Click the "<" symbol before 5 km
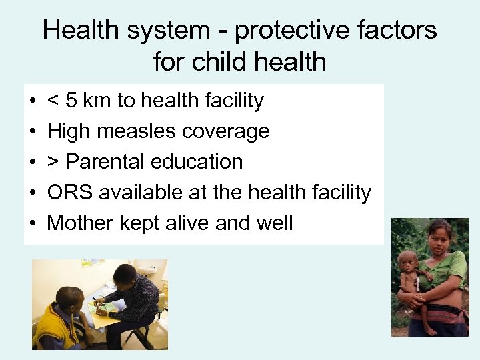(53, 101)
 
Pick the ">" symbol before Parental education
(53, 162)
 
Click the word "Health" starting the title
(81, 30)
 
